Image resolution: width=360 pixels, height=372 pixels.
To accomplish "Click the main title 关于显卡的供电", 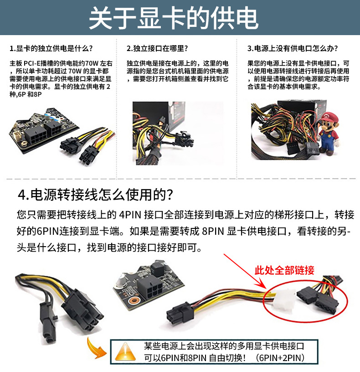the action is pyautogui.click(x=174, y=18).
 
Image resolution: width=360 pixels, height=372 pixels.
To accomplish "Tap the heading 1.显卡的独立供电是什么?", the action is pyautogui.click(x=51, y=48).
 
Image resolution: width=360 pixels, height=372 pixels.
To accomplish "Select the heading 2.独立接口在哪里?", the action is pyautogui.click(x=157, y=48).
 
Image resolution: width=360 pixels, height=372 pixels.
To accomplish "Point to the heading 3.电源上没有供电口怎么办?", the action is pyautogui.click(x=293, y=48).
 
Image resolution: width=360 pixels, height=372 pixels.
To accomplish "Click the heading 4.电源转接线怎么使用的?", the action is pyautogui.click(x=95, y=195).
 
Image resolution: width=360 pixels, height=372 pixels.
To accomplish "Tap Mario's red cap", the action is pyautogui.click(x=329, y=117).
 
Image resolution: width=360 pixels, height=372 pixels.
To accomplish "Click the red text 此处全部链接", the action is pyautogui.click(x=284, y=270).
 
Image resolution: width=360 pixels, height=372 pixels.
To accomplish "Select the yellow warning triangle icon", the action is pyautogui.click(x=125, y=352).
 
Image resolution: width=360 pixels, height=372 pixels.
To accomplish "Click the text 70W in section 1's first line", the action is pyautogui.click(x=92, y=63).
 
